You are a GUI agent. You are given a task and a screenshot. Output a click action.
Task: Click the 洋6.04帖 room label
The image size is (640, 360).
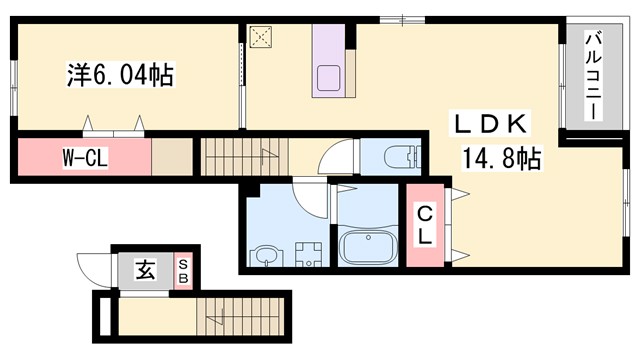pyautogui.click(x=111, y=75)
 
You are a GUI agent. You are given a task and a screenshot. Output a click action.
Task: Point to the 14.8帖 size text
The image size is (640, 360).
pyautogui.click(x=501, y=157)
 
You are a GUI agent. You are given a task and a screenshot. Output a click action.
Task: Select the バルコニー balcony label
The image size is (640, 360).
pyautogui.click(x=593, y=76)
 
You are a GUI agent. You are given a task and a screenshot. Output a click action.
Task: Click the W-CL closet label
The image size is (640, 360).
pyautogui.click(x=81, y=158)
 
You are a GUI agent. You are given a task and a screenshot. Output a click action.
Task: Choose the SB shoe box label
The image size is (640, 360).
pyautogui.click(x=184, y=269)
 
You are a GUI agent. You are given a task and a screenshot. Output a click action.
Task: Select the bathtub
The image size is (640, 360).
pyautogui.click(x=367, y=245)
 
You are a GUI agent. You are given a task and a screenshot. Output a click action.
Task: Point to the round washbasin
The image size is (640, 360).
pyautogui.click(x=265, y=256)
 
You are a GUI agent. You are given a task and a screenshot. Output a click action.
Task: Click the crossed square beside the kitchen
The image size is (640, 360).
pyautogui.click(x=262, y=37)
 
